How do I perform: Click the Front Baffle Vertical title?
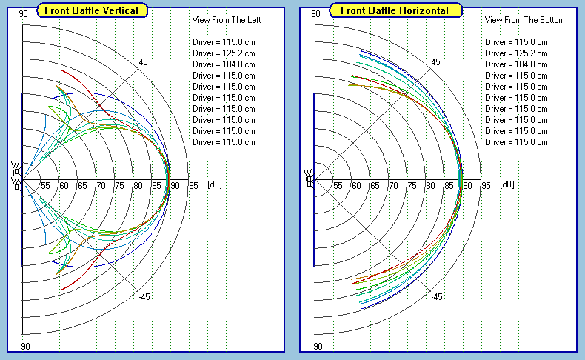pos(94,10)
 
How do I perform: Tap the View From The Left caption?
pos(227,20)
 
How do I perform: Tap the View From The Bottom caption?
pos(524,20)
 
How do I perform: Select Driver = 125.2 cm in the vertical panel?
pos(224,53)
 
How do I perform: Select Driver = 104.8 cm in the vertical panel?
pos(224,64)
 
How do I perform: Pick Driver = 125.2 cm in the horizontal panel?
pos(516,53)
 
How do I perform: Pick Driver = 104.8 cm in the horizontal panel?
pos(516,64)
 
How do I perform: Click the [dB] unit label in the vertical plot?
pos(214,184)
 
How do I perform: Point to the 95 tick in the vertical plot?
pos(193,185)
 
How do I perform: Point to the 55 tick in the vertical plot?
pos(45,185)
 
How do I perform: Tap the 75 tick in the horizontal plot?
pos(412,185)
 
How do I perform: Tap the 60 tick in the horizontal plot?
pos(356,185)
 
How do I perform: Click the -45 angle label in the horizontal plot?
pos(436,297)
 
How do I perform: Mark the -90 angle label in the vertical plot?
pos(24,347)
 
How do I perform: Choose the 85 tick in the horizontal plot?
pos(449,185)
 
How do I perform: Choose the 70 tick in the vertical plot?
pos(101,185)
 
